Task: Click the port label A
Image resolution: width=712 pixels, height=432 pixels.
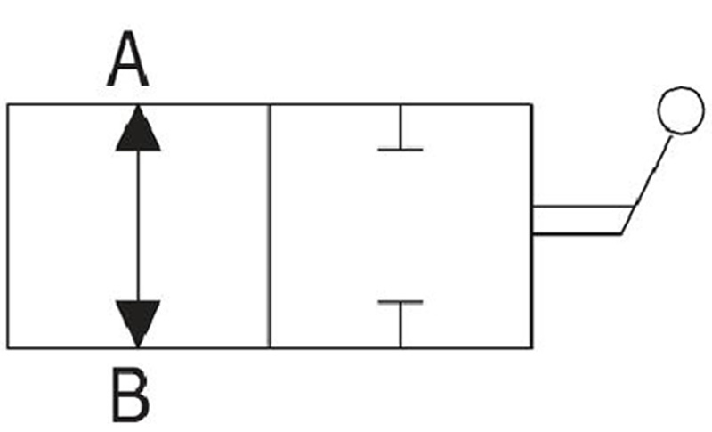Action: (x=127, y=59)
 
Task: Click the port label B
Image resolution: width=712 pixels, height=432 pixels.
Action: (x=130, y=395)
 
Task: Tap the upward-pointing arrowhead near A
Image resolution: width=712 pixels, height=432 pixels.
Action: (x=138, y=128)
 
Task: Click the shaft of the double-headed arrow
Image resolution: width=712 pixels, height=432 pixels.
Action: (x=138, y=225)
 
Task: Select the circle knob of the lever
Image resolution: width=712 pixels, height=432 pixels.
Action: (x=681, y=110)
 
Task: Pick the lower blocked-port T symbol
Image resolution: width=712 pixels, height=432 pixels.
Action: (x=400, y=324)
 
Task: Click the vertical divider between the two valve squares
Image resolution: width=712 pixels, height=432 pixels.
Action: (x=271, y=226)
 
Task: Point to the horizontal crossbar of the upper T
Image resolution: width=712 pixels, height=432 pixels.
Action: (x=400, y=149)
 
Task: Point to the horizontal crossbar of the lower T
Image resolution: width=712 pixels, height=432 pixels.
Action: (x=400, y=302)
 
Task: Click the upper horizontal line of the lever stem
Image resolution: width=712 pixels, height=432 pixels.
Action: (x=583, y=207)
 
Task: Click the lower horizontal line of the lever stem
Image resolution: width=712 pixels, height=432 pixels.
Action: (x=577, y=234)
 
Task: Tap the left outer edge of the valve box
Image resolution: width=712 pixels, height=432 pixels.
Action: (x=8, y=226)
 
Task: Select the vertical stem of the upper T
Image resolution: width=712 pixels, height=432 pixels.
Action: (x=400, y=126)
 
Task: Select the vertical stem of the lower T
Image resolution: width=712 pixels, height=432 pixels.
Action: (x=400, y=325)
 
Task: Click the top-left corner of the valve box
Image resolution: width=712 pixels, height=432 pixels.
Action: (x=8, y=105)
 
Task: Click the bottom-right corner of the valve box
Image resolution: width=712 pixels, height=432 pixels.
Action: (x=531, y=348)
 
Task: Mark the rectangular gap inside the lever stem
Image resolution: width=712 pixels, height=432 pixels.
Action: (x=579, y=220)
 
